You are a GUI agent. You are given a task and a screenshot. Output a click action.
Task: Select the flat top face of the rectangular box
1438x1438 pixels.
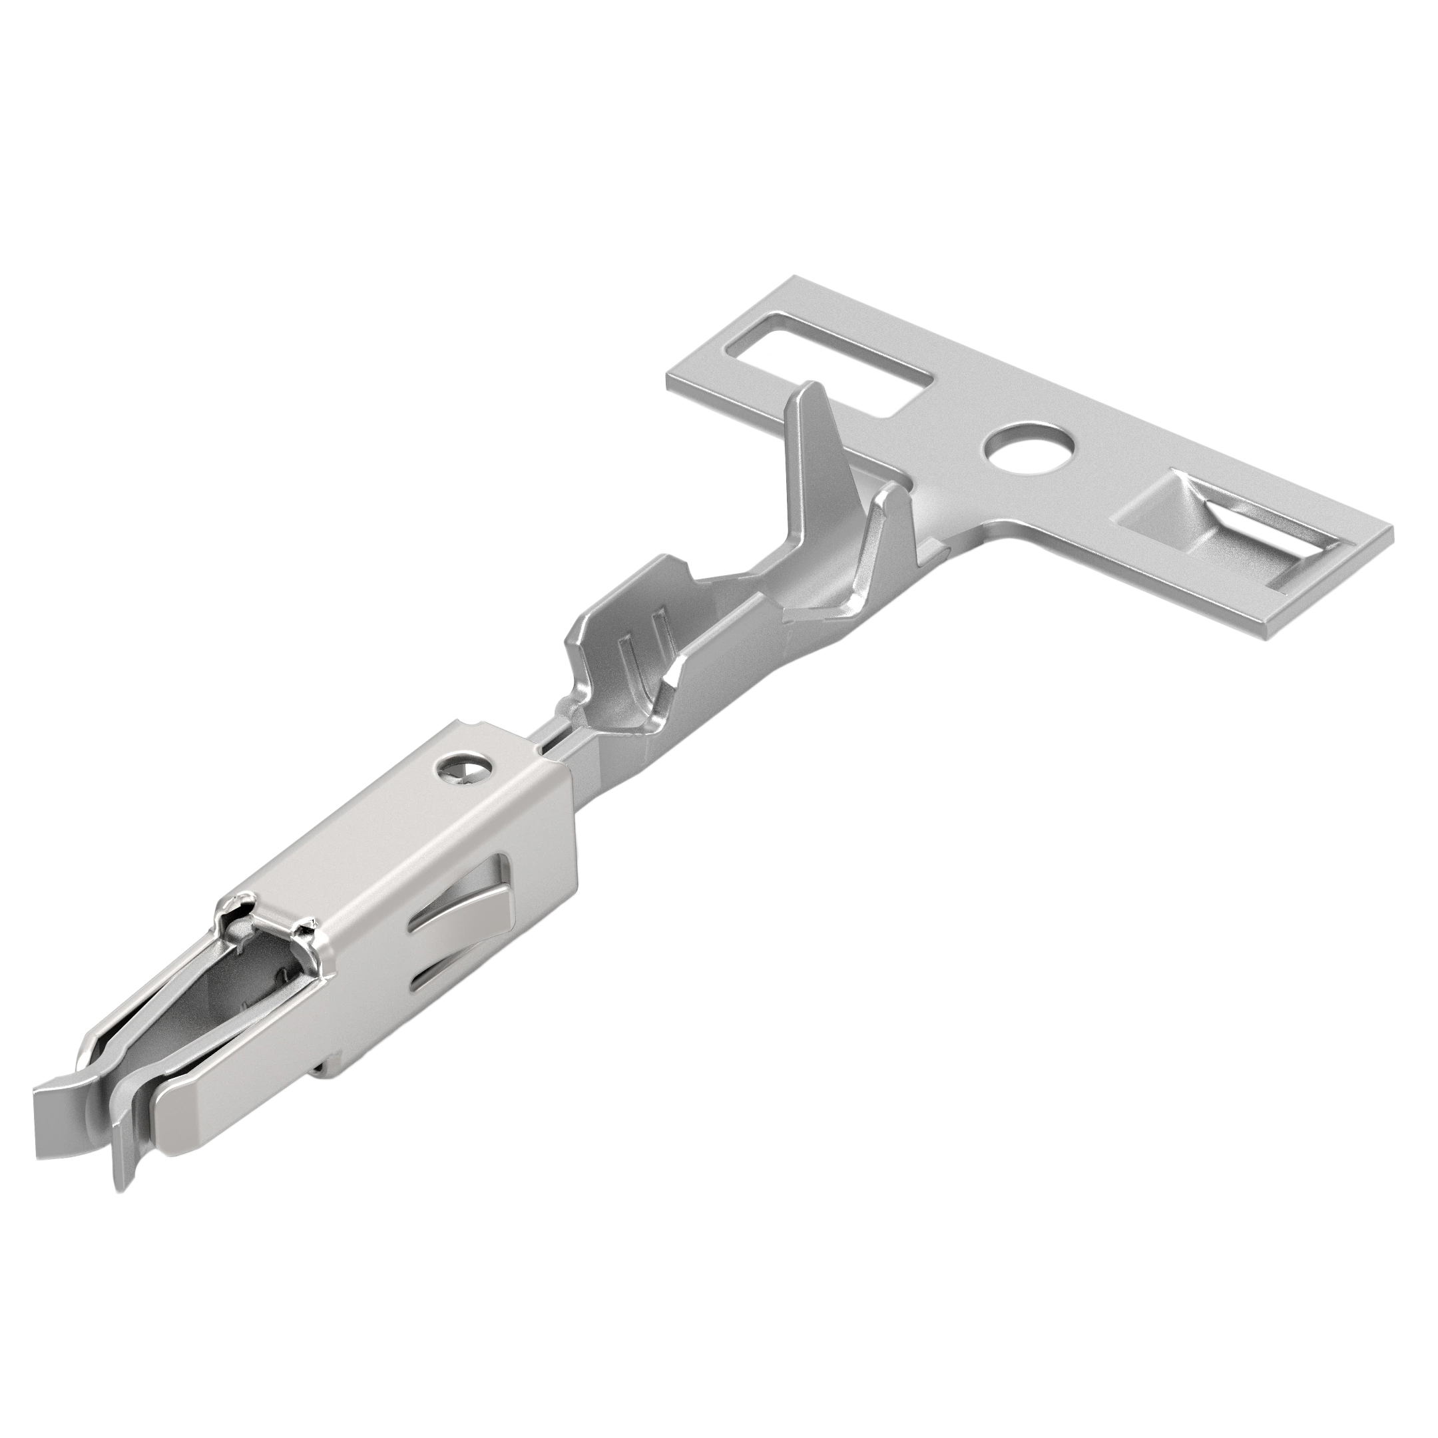point(417,841)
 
